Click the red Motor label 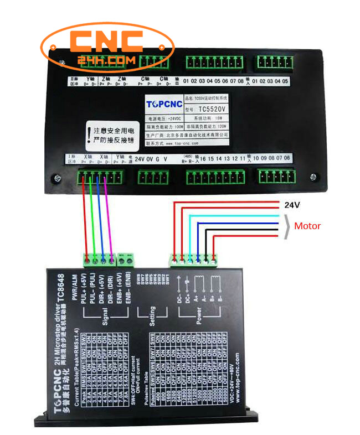[307, 226]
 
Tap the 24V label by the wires [292, 205]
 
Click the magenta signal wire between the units [109, 216]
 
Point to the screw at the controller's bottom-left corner [55, 179]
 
